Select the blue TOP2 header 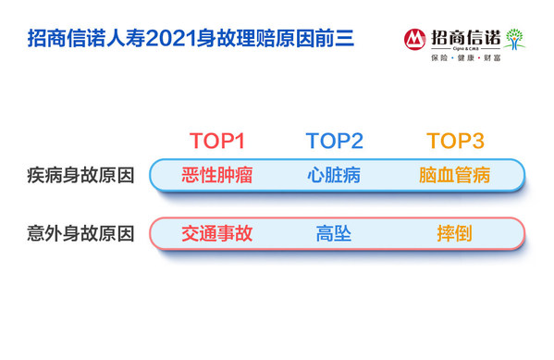[334, 142]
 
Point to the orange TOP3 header [454, 142]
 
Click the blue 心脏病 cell [334, 175]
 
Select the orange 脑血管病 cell [454, 175]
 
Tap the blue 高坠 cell [334, 232]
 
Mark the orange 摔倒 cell [454, 232]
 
